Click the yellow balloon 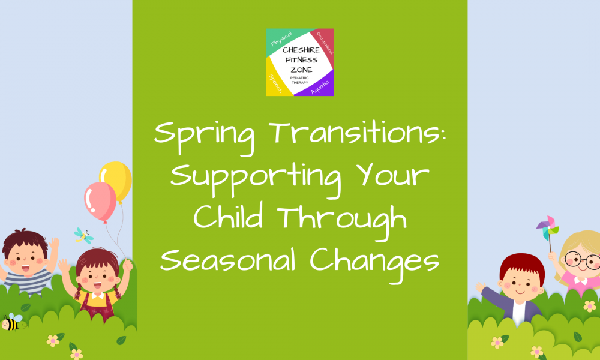pos(116,181)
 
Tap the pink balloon pos(100,202)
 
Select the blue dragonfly pos(84,236)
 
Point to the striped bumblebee pos(11,322)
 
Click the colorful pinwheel pos(548,229)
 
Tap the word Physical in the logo pos(281,38)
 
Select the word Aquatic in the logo pos(320,88)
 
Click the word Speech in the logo pos(275,83)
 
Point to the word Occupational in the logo pos(325,43)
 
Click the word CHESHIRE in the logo pos(301,50)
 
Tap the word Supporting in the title pos(256,178)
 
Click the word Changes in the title pos(374,262)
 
